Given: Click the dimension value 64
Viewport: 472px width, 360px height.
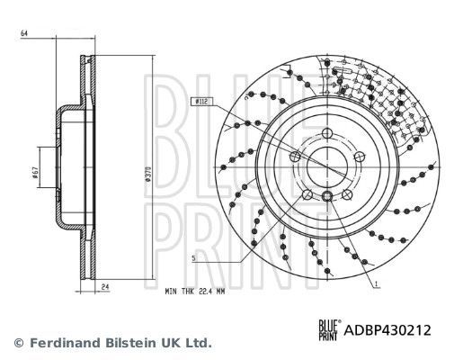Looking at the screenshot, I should click(x=22, y=33).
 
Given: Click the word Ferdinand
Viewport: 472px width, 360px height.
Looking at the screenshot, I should click(x=67, y=343).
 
